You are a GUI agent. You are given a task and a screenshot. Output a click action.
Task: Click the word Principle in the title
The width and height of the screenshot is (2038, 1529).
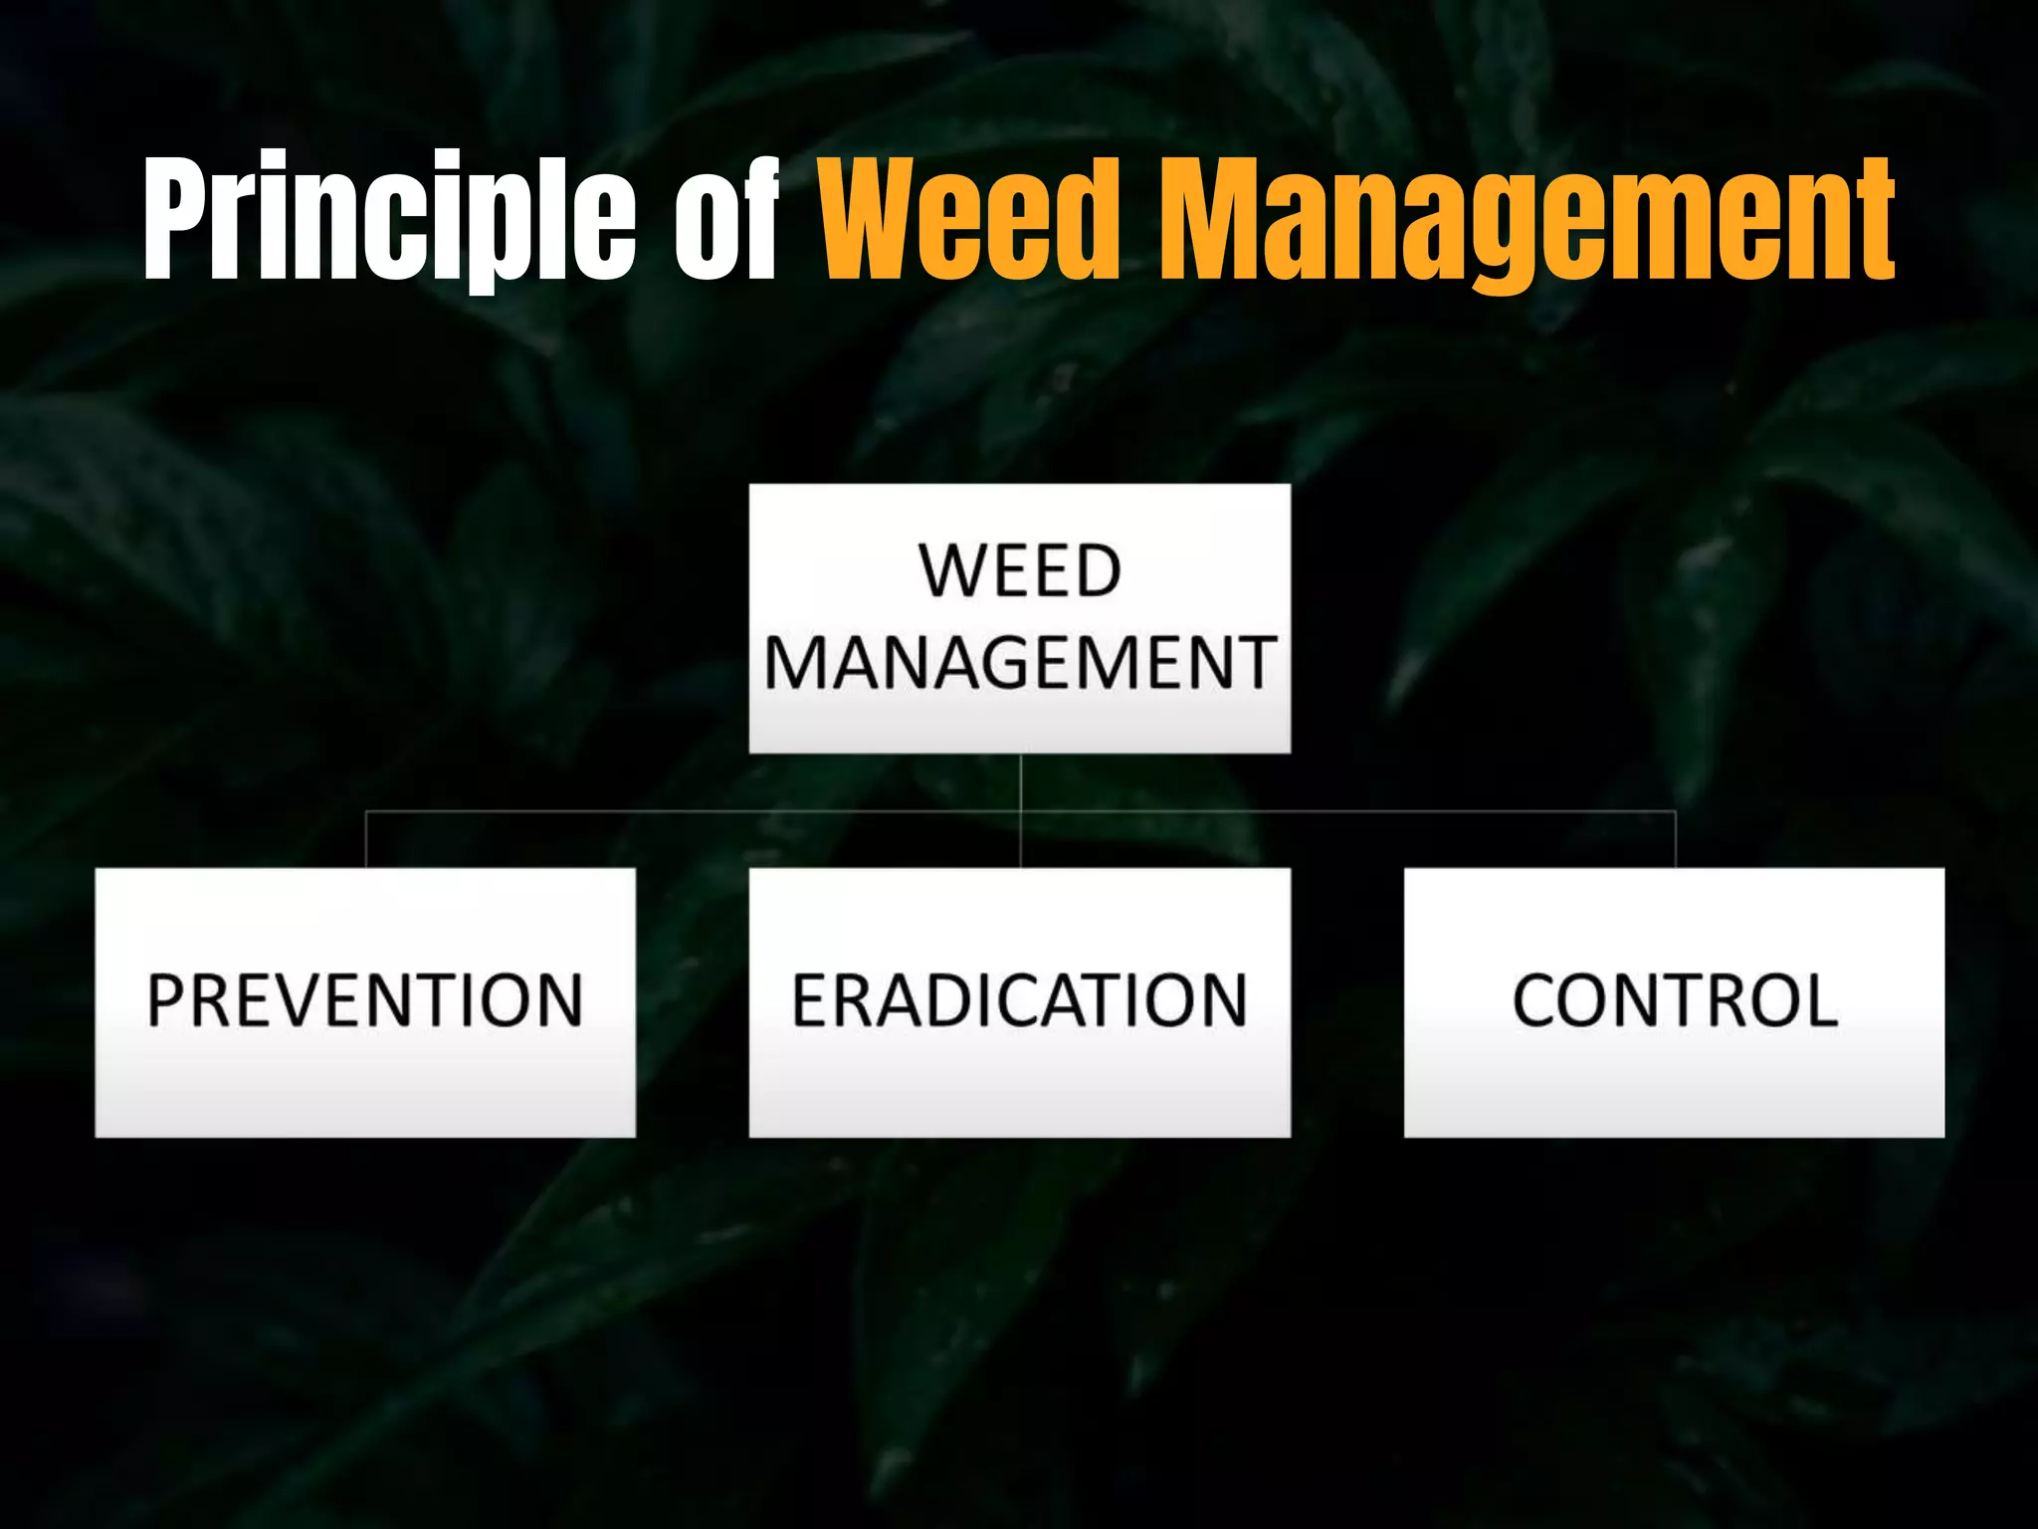388,217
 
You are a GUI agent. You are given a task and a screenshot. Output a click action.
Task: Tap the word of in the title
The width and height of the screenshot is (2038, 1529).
726,217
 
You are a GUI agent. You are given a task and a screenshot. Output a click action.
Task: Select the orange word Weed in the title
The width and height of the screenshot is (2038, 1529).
970,217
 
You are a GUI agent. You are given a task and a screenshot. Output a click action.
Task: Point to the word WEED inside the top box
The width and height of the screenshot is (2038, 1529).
1020,571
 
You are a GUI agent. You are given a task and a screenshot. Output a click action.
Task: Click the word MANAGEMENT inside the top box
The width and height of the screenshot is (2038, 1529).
1020,663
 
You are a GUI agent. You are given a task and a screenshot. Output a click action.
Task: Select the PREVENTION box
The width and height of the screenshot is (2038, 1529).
365,1002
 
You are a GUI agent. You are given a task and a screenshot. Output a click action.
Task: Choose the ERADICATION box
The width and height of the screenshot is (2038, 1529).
1020,1002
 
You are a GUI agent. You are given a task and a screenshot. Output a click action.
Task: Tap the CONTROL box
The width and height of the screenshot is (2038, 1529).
1674,1002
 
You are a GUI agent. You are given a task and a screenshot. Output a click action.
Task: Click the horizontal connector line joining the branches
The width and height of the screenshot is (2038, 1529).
697,812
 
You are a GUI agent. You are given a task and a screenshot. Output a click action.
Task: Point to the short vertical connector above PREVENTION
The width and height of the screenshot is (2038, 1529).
366,840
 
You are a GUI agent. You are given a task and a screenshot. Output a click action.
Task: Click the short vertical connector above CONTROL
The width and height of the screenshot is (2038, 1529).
1676,840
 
